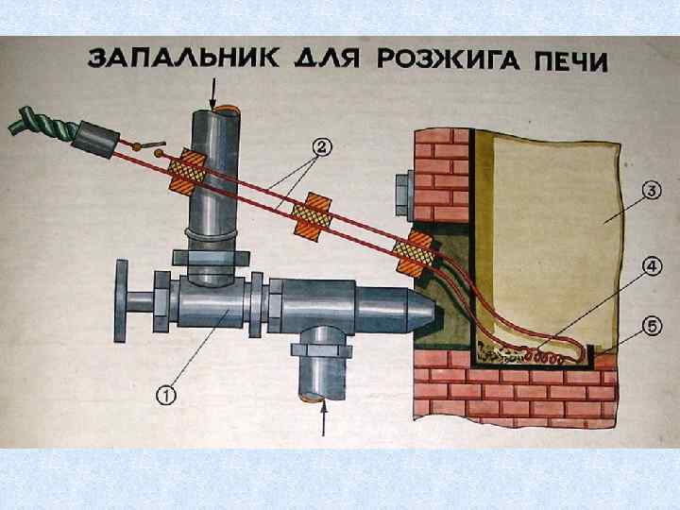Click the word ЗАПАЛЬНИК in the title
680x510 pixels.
(179, 59)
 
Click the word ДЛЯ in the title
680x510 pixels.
(324, 59)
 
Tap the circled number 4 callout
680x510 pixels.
(651, 268)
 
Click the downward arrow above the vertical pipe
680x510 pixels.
(214, 92)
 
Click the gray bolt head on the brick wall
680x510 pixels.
(403, 192)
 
